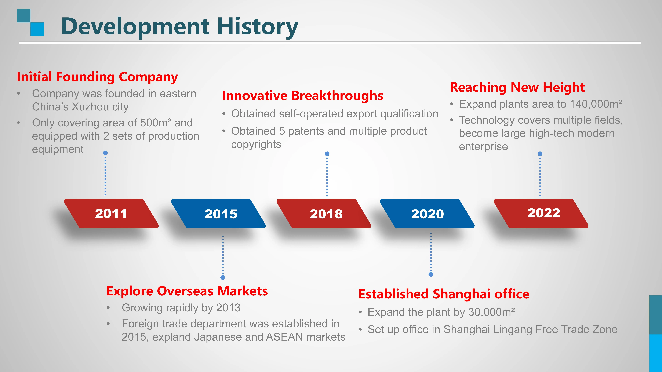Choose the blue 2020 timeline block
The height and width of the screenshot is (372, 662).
coord(427,213)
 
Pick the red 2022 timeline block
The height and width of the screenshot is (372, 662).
coord(541,213)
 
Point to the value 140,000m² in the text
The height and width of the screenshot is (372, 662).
coord(596,104)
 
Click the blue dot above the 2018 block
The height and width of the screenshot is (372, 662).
coord(327,154)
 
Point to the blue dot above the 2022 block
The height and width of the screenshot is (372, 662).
coord(540,154)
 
